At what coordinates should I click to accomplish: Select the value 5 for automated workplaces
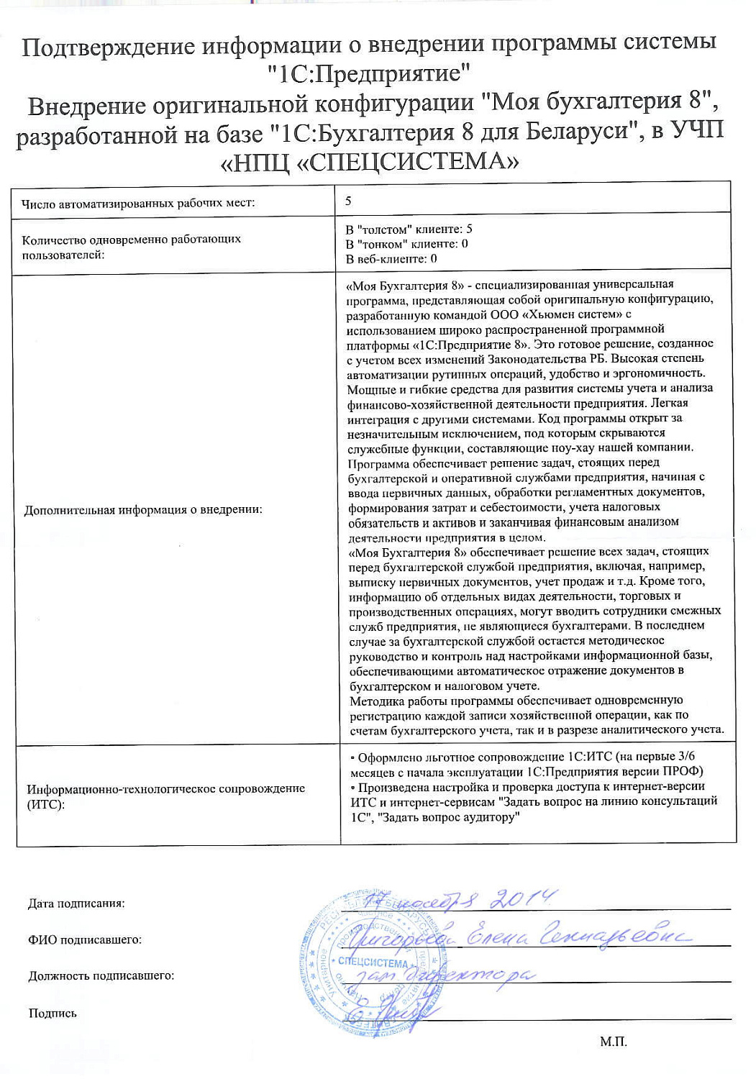(x=348, y=201)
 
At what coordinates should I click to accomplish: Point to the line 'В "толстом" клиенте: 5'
(x=409, y=229)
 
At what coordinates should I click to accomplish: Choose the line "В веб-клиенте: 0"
(x=391, y=259)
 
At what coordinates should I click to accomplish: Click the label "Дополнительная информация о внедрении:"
(x=143, y=510)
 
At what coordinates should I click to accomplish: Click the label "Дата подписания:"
(x=76, y=903)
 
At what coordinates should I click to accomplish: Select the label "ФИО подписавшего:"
(x=85, y=939)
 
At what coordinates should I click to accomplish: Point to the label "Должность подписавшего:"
(x=101, y=976)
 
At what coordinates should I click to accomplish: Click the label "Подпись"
(x=53, y=1014)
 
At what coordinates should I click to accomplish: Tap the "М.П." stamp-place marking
(x=614, y=1042)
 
